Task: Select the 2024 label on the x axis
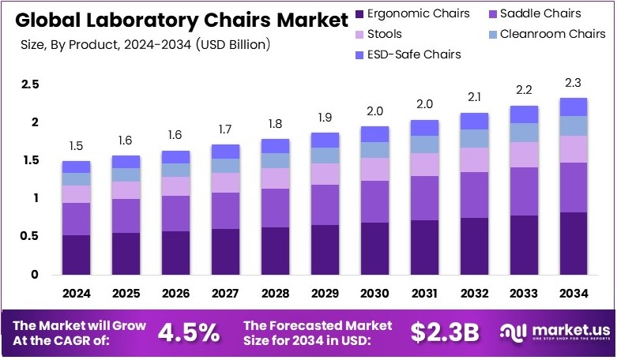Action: tap(77, 294)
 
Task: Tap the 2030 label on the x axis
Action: tap(374, 294)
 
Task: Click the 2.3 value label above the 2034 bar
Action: tap(573, 84)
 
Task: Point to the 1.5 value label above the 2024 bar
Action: tap(77, 146)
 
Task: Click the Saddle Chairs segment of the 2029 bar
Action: tap(325, 204)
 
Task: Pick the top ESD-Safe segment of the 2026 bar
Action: tap(175, 156)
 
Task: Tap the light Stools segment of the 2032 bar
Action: tap(474, 159)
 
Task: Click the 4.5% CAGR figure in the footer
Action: tap(189, 332)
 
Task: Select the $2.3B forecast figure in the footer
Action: tap(444, 332)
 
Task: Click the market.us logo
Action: tap(553, 332)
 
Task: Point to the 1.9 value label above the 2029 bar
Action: tap(325, 118)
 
